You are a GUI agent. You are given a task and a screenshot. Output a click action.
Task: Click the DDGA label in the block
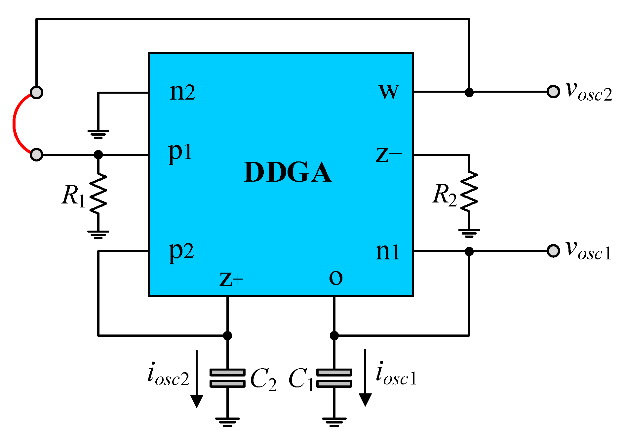coord(288,172)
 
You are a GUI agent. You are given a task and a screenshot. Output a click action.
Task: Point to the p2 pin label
coord(181,251)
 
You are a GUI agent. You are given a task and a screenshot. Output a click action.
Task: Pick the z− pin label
coord(389,155)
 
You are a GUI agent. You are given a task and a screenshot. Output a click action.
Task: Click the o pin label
coord(336,278)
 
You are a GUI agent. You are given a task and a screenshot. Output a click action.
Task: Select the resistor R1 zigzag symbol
coord(98,193)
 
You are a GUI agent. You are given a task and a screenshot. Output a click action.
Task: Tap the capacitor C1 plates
coord(334,378)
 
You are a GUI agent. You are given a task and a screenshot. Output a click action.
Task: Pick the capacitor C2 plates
coord(227,378)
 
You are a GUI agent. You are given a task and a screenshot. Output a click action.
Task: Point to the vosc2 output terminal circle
coord(553,92)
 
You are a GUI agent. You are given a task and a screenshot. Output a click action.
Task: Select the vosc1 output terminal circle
coord(553,251)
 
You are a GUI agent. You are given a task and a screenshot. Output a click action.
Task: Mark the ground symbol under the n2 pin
coord(98,134)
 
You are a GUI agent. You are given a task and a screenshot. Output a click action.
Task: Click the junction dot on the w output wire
coord(469,92)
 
